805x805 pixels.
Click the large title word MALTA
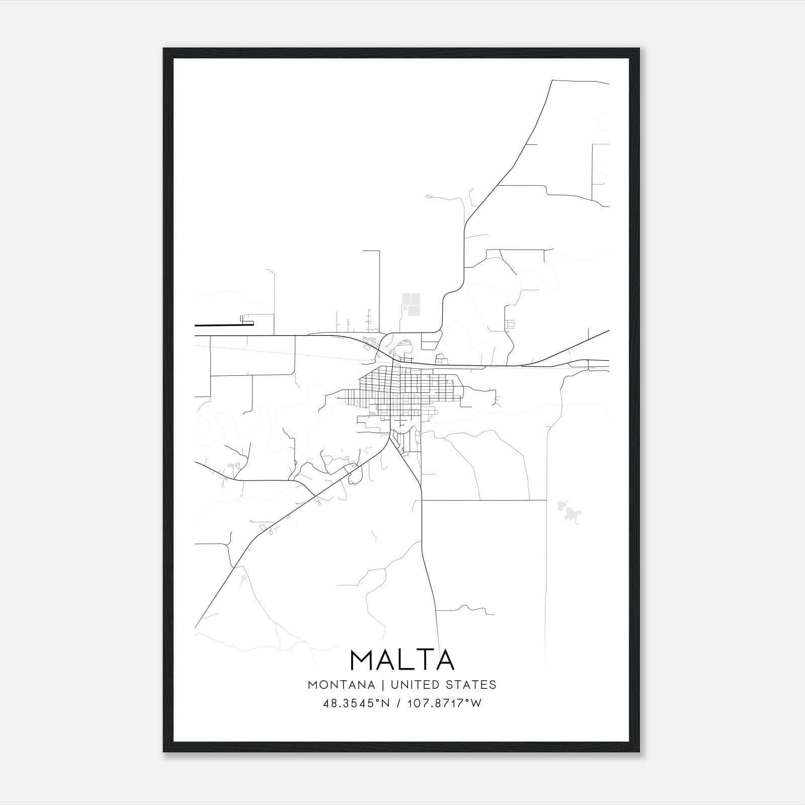point(402,660)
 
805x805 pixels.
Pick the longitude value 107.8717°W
point(443,703)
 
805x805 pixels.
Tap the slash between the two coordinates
point(398,703)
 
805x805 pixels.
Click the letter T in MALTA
point(426,660)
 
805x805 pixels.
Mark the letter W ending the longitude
point(476,703)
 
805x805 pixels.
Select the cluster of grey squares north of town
point(411,304)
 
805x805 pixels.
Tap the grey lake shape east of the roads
point(571,513)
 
